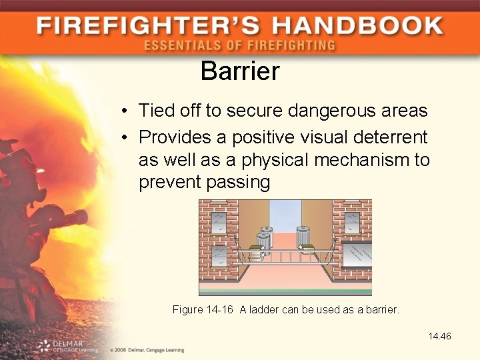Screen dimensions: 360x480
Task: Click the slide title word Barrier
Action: pyautogui.click(x=240, y=71)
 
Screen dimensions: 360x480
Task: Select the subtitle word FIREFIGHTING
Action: pyautogui.click(x=291, y=46)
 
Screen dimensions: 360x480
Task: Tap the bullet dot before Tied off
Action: pyautogui.click(x=125, y=111)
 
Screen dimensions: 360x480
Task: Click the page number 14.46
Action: pyautogui.click(x=440, y=336)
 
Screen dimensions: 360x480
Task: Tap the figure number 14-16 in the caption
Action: pyautogui.click(x=220, y=309)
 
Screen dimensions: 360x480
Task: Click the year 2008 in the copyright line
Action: pyautogui.click(x=121, y=350)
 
